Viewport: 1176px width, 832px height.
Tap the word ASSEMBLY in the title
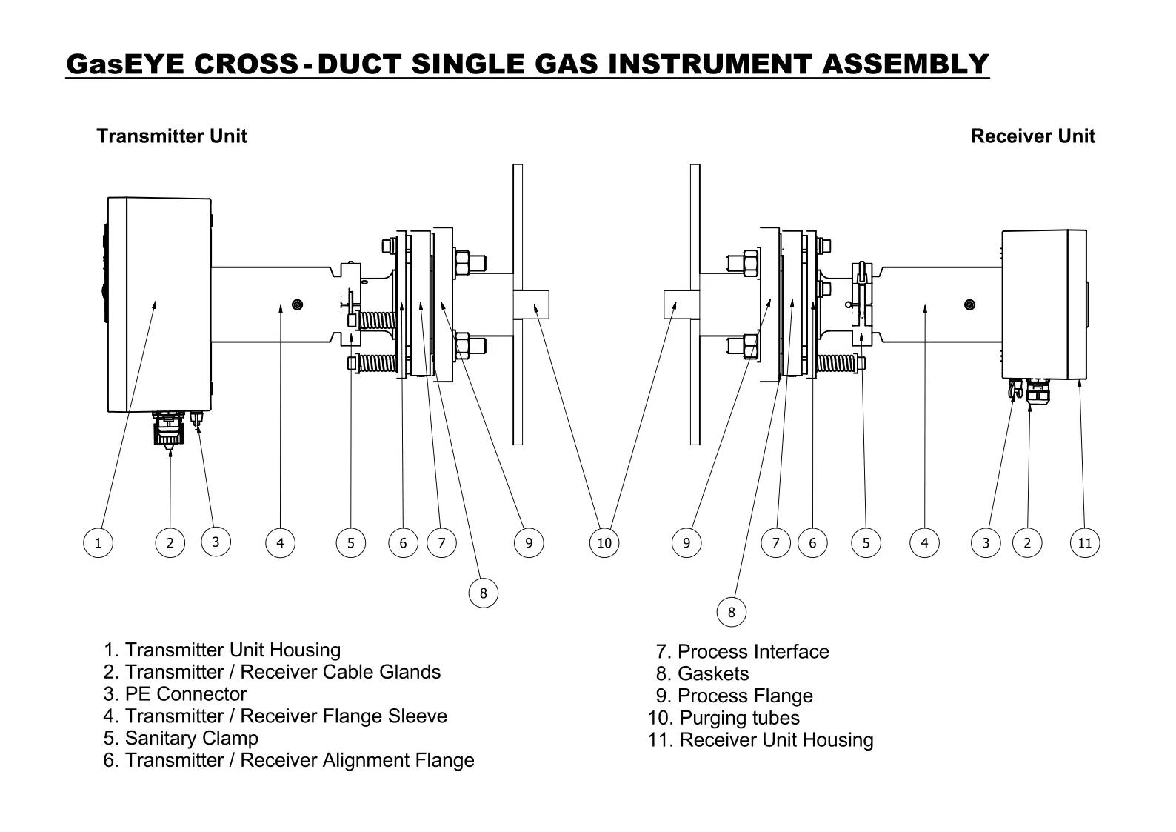tap(905, 64)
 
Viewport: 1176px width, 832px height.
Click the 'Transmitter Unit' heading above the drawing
tap(171, 136)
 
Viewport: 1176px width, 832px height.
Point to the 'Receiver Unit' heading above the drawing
tap(1032, 136)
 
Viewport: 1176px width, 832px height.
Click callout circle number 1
tap(98, 543)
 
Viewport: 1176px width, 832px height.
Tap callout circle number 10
tap(604, 543)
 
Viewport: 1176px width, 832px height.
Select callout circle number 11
tap(1085, 543)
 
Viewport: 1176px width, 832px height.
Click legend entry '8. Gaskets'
tap(702, 674)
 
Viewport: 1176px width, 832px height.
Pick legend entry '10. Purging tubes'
tap(724, 718)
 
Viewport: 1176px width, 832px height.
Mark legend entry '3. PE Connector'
tap(175, 694)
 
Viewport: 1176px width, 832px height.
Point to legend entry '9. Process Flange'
tap(734, 696)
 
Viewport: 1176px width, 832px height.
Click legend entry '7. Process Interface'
tap(742, 652)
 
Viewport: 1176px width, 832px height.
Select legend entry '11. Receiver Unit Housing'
tap(761, 740)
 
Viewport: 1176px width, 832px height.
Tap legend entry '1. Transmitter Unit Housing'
tap(222, 650)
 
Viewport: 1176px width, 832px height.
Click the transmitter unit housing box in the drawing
tap(159, 304)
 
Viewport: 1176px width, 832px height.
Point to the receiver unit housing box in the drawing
tap(1044, 304)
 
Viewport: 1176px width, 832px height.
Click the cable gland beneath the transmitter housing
tap(169, 430)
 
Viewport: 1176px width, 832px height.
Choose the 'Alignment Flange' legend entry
tap(289, 761)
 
